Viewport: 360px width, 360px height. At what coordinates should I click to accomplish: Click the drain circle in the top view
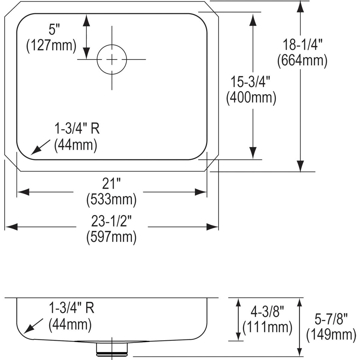point(112,59)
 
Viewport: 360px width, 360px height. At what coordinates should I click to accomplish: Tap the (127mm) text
point(51,46)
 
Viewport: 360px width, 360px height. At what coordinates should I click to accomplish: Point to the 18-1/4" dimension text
point(302,45)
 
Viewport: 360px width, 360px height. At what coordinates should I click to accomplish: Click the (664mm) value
point(302,61)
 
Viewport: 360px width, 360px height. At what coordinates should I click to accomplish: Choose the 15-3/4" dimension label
point(251,82)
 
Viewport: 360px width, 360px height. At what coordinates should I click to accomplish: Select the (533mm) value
point(112,199)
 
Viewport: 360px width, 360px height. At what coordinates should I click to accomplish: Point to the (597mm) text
point(112,237)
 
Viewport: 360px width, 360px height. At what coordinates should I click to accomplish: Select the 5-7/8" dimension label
point(331,318)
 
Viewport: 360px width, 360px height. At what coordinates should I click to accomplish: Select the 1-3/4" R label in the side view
point(72,308)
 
